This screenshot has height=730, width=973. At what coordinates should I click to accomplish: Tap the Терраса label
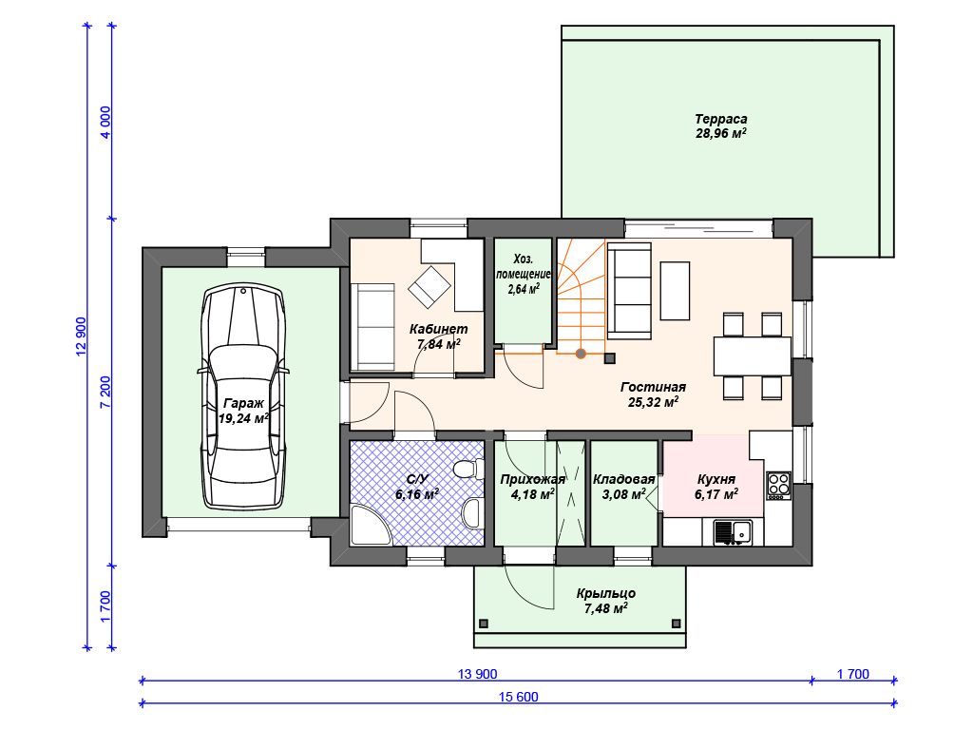720,119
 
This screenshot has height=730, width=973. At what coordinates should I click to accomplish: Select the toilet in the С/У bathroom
467,469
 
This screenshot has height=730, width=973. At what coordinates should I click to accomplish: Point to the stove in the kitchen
778,485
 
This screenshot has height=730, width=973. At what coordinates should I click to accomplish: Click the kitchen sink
733,532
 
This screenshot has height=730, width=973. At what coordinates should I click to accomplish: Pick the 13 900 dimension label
477,674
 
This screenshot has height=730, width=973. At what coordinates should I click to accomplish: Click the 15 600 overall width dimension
518,697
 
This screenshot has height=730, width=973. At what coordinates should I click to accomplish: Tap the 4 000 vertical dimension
105,123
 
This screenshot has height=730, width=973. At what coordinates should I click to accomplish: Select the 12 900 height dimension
82,337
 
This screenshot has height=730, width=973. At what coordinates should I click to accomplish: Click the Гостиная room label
653,387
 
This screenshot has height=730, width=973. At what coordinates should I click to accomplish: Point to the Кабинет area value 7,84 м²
439,344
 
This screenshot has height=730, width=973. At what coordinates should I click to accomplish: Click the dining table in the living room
753,356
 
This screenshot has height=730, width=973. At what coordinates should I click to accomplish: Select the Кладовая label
623,479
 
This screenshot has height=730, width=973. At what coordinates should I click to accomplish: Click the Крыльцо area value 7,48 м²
605,608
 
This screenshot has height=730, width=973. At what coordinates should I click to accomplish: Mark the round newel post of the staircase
581,354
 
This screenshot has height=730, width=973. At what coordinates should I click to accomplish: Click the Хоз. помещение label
523,266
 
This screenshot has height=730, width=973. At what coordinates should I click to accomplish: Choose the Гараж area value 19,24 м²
243,418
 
